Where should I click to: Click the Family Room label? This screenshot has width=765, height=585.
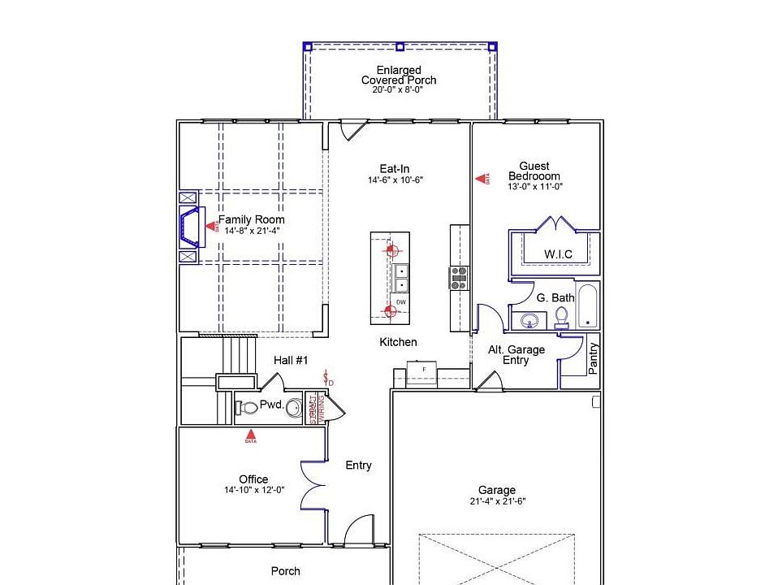(x=251, y=219)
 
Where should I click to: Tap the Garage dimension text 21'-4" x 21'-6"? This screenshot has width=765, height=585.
(x=496, y=501)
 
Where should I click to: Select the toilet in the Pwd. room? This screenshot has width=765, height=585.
(x=248, y=406)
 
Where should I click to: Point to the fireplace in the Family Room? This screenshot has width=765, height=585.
(x=191, y=227)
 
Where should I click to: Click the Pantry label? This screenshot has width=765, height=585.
(x=593, y=357)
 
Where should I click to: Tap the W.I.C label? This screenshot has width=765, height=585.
(x=558, y=254)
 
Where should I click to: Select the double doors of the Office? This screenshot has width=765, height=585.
(x=313, y=485)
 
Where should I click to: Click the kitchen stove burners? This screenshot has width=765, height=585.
(x=460, y=278)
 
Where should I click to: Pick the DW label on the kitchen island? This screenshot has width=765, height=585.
(x=401, y=301)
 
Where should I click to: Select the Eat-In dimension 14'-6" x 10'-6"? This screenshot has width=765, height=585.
(x=395, y=180)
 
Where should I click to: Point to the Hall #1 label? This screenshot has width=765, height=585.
(x=290, y=360)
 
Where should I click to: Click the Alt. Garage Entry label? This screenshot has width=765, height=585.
(x=516, y=355)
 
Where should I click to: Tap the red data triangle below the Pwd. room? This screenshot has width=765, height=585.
(x=250, y=437)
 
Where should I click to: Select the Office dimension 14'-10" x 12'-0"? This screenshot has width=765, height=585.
(x=253, y=490)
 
